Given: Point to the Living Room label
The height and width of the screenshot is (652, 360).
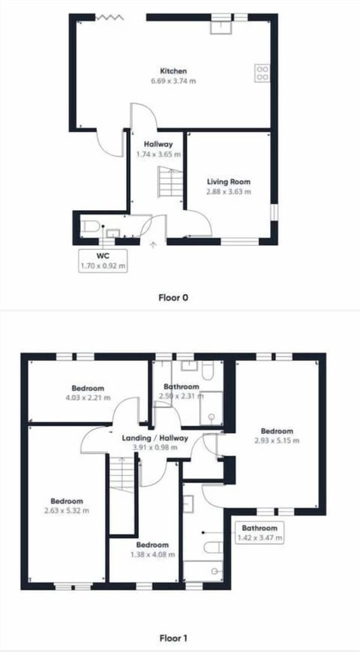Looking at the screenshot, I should (229, 182).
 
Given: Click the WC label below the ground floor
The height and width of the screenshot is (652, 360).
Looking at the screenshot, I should (103, 256).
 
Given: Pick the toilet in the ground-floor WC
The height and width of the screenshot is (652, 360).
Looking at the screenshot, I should (89, 226).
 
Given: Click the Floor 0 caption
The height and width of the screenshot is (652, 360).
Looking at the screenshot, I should (172, 297).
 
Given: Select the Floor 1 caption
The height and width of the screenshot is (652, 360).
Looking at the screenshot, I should (172, 638).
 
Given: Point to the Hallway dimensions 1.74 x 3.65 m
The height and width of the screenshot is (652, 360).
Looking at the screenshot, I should (154, 155).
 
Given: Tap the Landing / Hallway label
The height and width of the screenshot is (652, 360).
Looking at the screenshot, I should (154, 438).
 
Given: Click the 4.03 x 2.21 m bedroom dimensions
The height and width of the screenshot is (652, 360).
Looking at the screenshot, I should (88, 398).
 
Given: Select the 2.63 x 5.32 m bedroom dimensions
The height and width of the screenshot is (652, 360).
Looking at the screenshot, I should (66, 511).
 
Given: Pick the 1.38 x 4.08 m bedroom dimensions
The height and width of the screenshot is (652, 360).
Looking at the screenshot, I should (152, 554).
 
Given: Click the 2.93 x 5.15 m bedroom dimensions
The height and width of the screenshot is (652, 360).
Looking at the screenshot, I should (277, 440).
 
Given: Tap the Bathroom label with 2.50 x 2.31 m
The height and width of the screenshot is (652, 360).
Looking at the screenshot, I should (181, 387).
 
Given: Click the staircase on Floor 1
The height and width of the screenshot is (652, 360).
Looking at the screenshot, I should (121, 476).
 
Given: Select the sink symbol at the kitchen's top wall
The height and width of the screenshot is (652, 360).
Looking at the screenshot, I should (220, 26).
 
